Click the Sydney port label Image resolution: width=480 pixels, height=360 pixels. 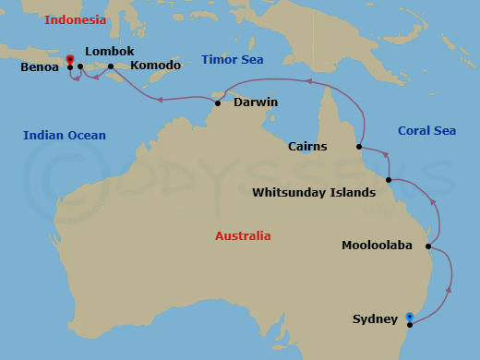coord(375,319)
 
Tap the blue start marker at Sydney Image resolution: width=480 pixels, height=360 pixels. coord(409,318)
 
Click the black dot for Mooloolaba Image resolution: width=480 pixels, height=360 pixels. coord(429,246)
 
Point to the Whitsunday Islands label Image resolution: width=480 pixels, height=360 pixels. coord(314,193)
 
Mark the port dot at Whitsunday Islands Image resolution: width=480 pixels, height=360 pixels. coord(389,180)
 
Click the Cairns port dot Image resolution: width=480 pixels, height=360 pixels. coord(359,146)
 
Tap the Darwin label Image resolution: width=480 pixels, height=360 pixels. coord(256,102)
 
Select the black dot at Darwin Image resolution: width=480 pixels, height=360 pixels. coord(218,102)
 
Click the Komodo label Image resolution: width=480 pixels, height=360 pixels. coord(155,66)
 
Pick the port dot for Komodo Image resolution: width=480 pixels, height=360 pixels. coord(111,66)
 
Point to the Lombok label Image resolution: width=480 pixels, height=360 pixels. coord(109,52)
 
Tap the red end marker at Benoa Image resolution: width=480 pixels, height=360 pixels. coord(70,60)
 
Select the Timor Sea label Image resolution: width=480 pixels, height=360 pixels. coord(233,60)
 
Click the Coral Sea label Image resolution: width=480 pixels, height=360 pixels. coord(426,131)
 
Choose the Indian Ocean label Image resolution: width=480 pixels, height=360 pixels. coord(65,136)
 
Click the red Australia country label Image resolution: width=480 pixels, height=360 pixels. coord(243,236)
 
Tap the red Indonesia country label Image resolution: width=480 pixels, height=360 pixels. coord(75,19)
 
